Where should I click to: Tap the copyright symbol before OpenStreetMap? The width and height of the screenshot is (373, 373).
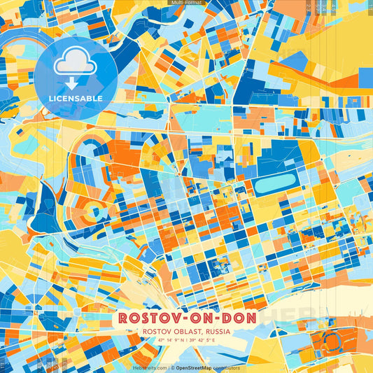(173, 367)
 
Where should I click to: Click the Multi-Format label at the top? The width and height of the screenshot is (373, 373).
(185, 3)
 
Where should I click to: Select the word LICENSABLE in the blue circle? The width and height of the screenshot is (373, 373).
(76, 99)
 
